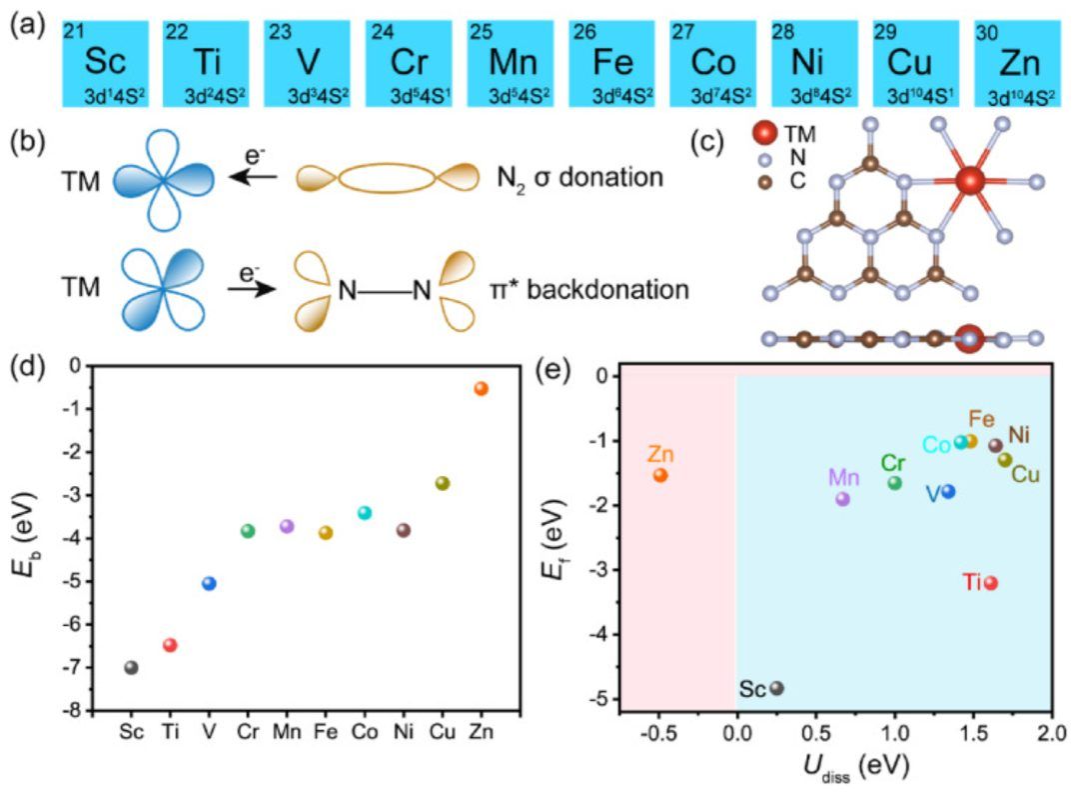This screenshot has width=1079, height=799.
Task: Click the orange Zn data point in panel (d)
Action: point(481,388)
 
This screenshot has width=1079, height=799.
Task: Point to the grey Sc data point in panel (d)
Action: point(131,667)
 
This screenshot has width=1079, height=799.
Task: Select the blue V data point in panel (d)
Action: point(209,583)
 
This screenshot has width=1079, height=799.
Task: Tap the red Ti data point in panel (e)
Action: point(990,583)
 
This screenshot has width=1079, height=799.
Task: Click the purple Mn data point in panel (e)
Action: point(842,498)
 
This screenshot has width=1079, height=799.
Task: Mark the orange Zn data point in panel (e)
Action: point(660,475)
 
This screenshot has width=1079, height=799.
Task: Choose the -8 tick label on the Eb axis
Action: point(72,710)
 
